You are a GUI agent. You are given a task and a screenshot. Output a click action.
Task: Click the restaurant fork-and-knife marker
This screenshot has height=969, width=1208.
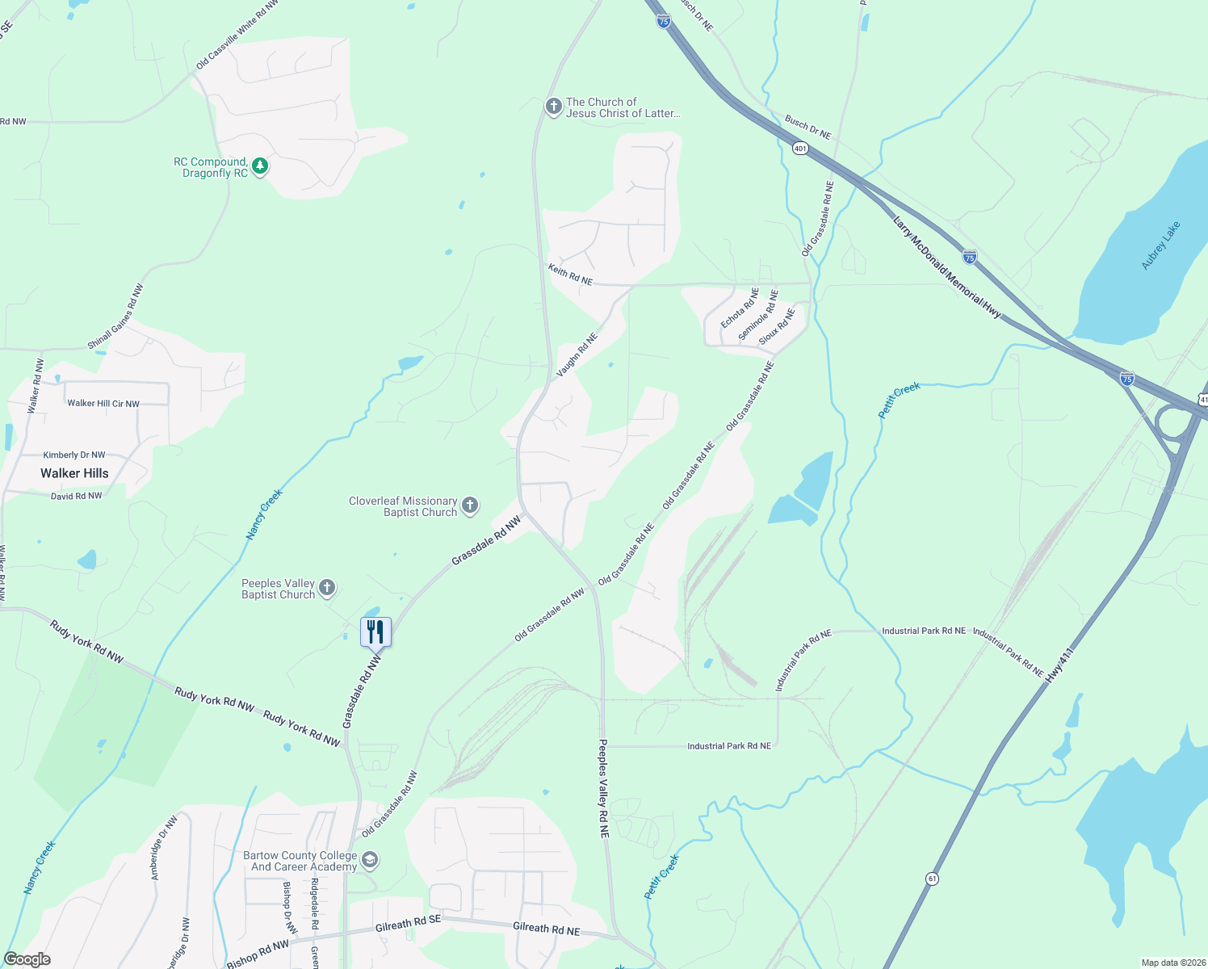point(375,631)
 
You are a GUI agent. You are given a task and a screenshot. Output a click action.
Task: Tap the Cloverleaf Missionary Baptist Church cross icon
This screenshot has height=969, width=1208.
point(470,506)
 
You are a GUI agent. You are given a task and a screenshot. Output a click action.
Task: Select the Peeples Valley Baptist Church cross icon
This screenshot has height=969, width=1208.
point(327,588)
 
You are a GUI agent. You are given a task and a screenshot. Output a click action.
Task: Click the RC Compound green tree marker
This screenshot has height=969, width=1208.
point(259,166)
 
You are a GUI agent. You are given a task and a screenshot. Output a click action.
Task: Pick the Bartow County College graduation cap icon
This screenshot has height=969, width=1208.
point(370,860)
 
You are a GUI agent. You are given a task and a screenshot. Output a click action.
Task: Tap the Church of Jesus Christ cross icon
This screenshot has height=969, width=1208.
point(553,107)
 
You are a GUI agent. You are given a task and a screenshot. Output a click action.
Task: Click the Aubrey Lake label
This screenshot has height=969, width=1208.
point(1160,245)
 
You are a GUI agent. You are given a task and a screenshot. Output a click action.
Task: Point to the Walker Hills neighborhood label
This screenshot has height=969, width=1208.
point(74,473)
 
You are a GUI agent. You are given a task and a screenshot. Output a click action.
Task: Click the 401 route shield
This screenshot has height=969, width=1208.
point(799,149)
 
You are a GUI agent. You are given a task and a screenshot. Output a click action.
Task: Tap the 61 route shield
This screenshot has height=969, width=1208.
point(933,879)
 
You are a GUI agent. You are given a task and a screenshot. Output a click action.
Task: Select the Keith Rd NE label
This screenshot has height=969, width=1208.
point(570,275)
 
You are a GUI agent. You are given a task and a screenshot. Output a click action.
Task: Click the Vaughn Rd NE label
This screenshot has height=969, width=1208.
point(577,355)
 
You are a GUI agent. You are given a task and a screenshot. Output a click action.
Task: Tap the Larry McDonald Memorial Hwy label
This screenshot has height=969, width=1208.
point(946,267)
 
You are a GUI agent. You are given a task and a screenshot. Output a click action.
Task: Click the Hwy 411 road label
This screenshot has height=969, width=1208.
point(1059,665)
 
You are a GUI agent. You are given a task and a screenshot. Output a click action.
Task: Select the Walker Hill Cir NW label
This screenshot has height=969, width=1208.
point(103,404)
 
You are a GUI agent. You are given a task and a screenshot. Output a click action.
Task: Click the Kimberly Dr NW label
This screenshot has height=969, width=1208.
point(74,455)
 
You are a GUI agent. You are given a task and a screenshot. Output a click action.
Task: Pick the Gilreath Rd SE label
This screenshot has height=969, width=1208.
point(408,924)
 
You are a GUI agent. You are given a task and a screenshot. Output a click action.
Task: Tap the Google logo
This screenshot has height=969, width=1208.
point(27,959)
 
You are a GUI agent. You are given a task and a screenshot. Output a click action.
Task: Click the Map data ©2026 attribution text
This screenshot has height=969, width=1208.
point(1171,963)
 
